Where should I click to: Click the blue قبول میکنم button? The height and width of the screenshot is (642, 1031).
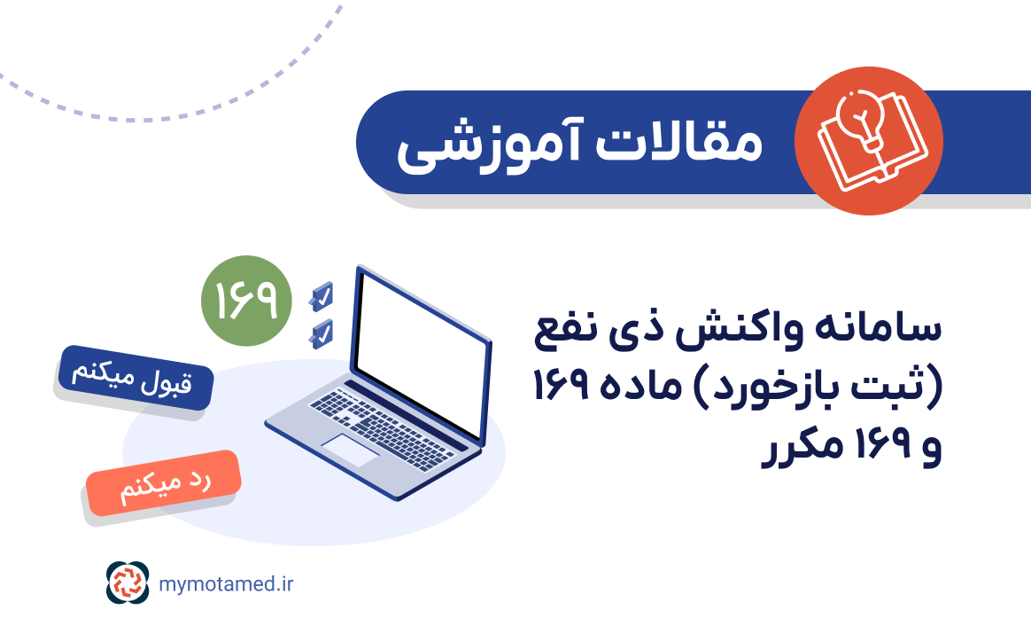pos(135,378)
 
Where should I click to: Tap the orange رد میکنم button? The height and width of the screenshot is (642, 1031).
pos(163,486)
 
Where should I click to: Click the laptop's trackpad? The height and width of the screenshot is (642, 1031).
pos(350,450)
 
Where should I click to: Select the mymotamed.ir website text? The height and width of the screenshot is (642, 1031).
pos(227,583)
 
